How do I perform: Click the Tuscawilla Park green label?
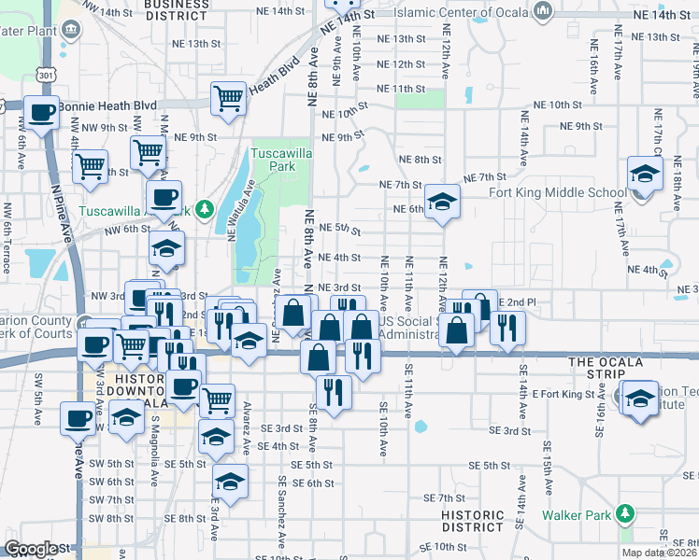click(x=272, y=160)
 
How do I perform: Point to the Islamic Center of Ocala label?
click(x=462, y=13)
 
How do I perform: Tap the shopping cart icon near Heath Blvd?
click(x=228, y=98)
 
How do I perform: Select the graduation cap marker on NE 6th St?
click(x=443, y=202)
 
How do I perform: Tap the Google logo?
click(x=31, y=549)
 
